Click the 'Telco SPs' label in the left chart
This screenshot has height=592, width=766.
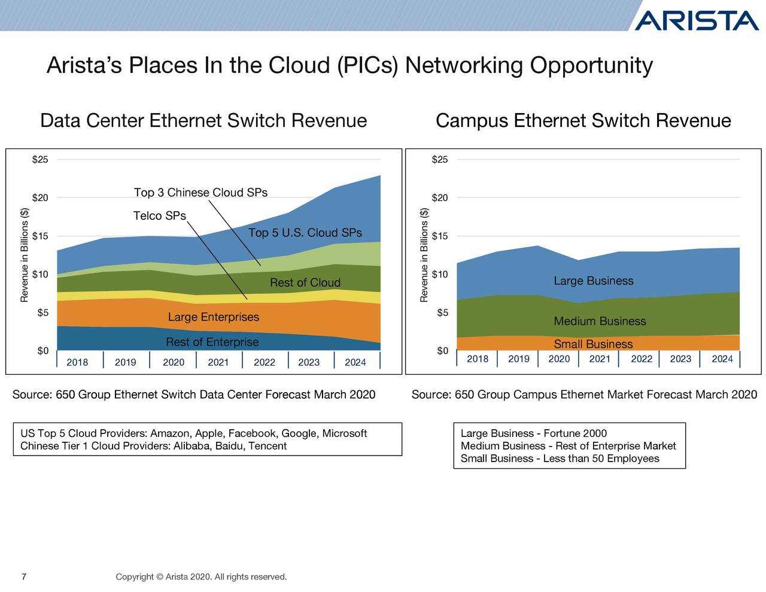(x=159, y=216)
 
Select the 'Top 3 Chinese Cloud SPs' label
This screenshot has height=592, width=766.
(x=200, y=193)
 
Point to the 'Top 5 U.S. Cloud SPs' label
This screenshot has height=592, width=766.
(x=305, y=233)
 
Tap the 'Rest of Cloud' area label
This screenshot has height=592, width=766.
(x=305, y=283)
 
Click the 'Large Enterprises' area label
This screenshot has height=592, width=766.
(x=213, y=317)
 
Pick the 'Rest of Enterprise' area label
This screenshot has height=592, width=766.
(x=212, y=342)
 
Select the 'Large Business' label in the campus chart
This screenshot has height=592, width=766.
(x=593, y=281)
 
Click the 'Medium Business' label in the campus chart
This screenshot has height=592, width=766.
(x=600, y=321)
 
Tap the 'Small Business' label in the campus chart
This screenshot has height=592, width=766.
(x=592, y=344)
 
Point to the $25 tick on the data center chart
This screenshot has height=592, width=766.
(x=40, y=160)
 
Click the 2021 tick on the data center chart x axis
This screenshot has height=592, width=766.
(x=218, y=362)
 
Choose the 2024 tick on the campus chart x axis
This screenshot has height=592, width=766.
(x=722, y=359)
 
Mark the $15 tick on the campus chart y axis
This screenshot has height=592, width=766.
(x=439, y=236)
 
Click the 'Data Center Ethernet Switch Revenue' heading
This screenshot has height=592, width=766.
(x=203, y=121)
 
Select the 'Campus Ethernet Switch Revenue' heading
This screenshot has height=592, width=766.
(x=583, y=121)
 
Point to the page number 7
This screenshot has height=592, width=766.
(x=23, y=577)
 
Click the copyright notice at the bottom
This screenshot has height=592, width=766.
(x=201, y=577)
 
